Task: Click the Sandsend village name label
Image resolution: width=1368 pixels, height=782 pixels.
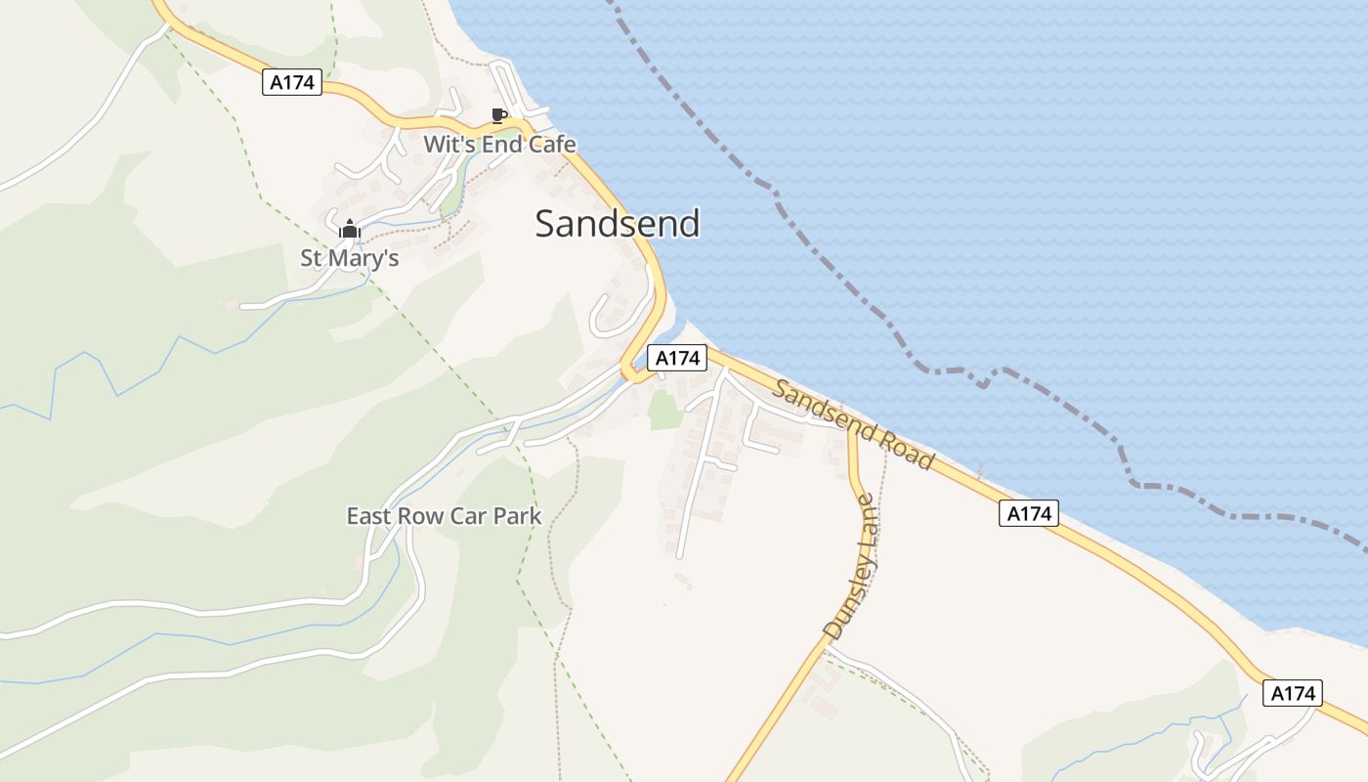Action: pos(618,224)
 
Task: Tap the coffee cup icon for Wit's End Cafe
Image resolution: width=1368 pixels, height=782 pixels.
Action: pos(498,116)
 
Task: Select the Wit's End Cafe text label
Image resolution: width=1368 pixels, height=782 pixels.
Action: pos(499,145)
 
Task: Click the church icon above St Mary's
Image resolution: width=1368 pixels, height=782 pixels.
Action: pos(349,230)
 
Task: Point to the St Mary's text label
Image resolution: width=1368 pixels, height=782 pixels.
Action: pos(349,258)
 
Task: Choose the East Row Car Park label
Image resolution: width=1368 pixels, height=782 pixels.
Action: pos(444,516)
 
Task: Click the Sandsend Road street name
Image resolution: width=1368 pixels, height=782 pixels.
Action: pos(852,424)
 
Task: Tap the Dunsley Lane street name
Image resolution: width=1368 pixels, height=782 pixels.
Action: pos(849,568)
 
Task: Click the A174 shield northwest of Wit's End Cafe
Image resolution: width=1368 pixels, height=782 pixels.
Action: pos(292,82)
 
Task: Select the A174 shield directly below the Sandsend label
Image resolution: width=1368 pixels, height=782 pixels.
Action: pos(677,359)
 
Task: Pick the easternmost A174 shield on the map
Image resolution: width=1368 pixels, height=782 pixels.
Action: pos(1293,693)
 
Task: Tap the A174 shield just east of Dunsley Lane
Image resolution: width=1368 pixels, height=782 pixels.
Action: pos(1028,513)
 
